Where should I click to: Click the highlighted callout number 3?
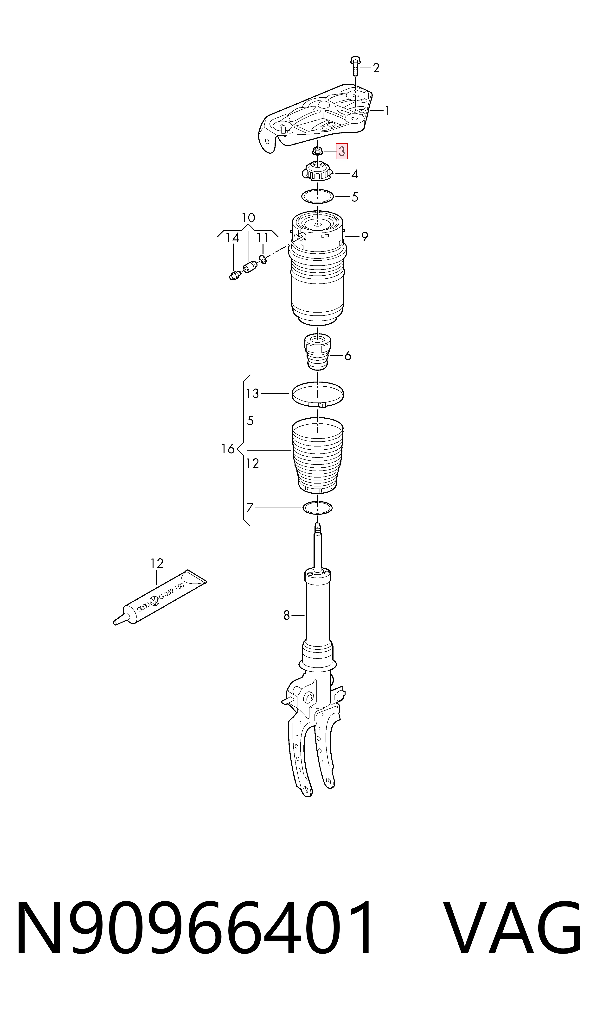tap(341, 151)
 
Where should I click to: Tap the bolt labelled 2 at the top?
tap(355, 66)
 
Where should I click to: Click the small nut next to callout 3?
tap(317, 151)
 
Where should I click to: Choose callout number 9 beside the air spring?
tap(365, 237)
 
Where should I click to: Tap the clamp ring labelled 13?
tap(318, 395)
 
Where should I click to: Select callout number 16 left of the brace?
tap(228, 449)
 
